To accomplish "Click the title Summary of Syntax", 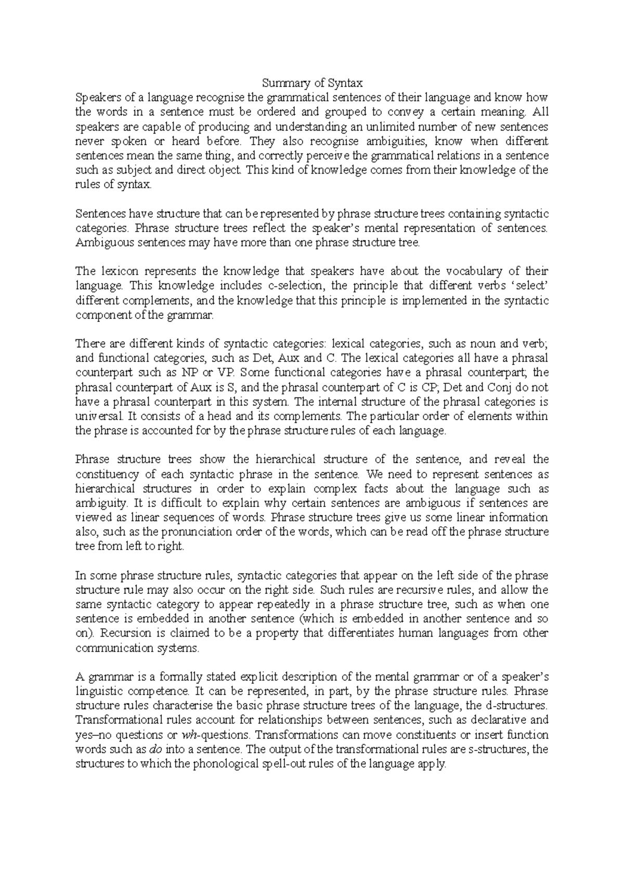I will [x=311, y=83].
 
